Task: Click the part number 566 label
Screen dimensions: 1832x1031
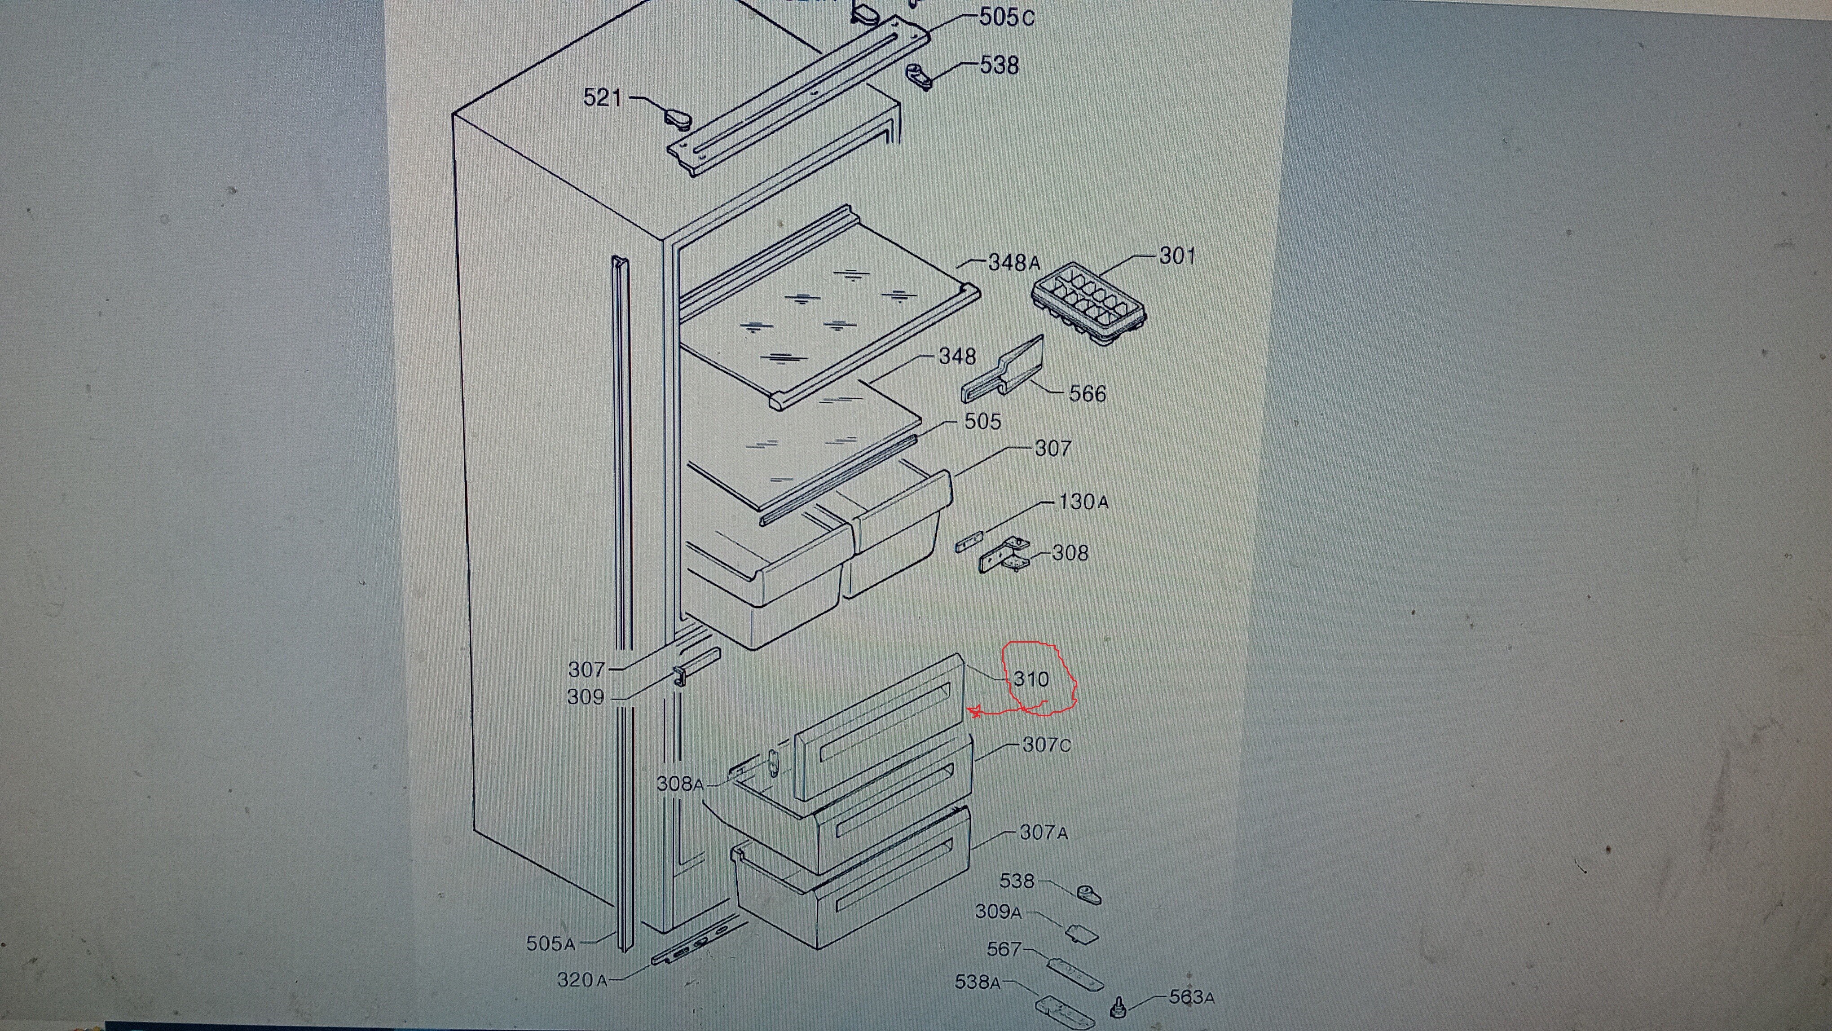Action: tap(1088, 393)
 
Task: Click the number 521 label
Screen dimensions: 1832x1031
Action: tap(603, 97)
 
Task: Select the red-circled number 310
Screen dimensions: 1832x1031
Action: tap(1031, 679)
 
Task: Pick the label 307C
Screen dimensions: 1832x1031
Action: tap(1046, 745)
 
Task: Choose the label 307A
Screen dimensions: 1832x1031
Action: tap(1044, 832)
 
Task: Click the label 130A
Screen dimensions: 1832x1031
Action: tap(1083, 502)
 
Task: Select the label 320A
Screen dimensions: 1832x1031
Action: tap(582, 980)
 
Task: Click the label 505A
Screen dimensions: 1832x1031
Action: tap(550, 943)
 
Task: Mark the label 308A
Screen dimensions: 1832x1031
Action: tap(680, 784)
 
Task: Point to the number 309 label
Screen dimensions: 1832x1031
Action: tap(586, 697)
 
